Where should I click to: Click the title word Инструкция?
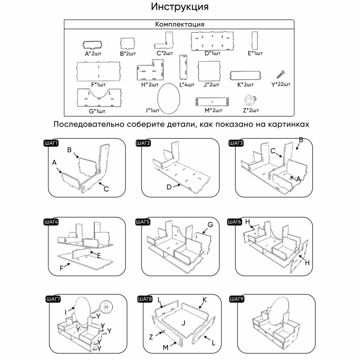click(x=180, y=7)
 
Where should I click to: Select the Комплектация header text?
click(x=180, y=24)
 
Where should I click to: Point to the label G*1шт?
click(x=97, y=111)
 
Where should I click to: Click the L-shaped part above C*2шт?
click(x=165, y=42)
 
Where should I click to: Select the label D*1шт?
click(x=212, y=53)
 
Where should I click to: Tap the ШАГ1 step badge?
click(x=51, y=143)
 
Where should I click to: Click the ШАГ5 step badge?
click(x=143, y=222)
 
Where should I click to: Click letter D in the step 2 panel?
click(x=169, y=187)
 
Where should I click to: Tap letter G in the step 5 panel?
click(x=210, y=225)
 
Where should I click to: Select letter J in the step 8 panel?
click(x=183, y=323)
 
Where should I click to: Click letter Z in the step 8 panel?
click(x=151, y=337)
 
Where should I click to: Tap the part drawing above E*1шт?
click(x=255, y=40)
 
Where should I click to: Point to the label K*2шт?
click(x=245, y=85)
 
